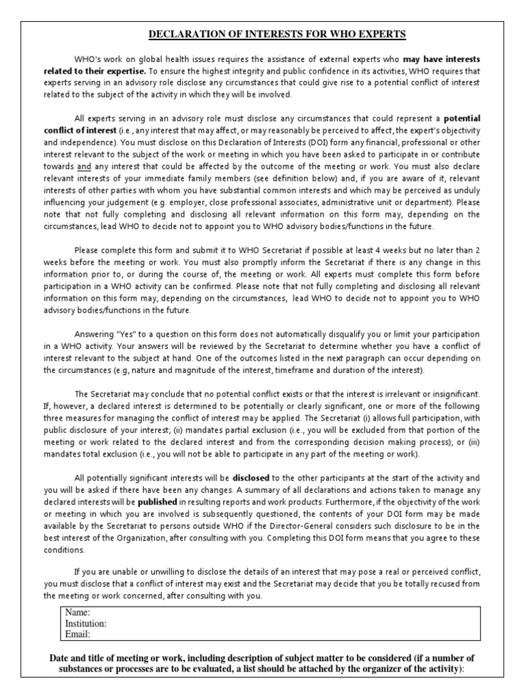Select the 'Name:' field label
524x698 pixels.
pyautogui.click(x=77, y=612)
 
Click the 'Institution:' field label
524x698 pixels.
pyautogui.click(x=85, y=623)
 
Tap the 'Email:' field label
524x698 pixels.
pyautogui.click(x=78, y=634)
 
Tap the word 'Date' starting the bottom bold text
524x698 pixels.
pyautogui.click(x=61, y=658)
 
